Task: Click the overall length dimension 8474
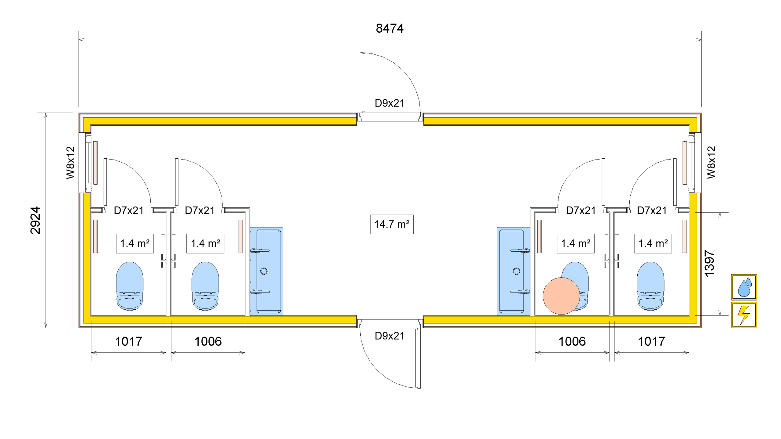click(x=390, y=28)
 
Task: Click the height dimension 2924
click(x=35, y=220)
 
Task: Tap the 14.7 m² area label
click(x=392, y=225)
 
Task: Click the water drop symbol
click(x=744, y=287)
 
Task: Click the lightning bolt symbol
click(x=744, y=315)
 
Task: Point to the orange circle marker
click(x=561, y=296)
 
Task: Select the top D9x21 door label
click(x=390, y=103)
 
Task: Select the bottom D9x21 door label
click(x=390, y=336)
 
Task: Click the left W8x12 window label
click(x=70, y=162)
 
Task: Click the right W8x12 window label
click(x=711, y=162)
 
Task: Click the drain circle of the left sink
click(x=264, y=271)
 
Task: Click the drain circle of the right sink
click(x=516, y=271)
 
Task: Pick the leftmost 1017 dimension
click(x=128, y=341)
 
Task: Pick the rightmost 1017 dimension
click(x=651, y=341)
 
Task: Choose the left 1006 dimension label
click(x=208, y=341)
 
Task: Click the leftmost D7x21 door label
click(x=129, y=211)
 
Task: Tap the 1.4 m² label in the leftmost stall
click(x=135, y=243)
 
